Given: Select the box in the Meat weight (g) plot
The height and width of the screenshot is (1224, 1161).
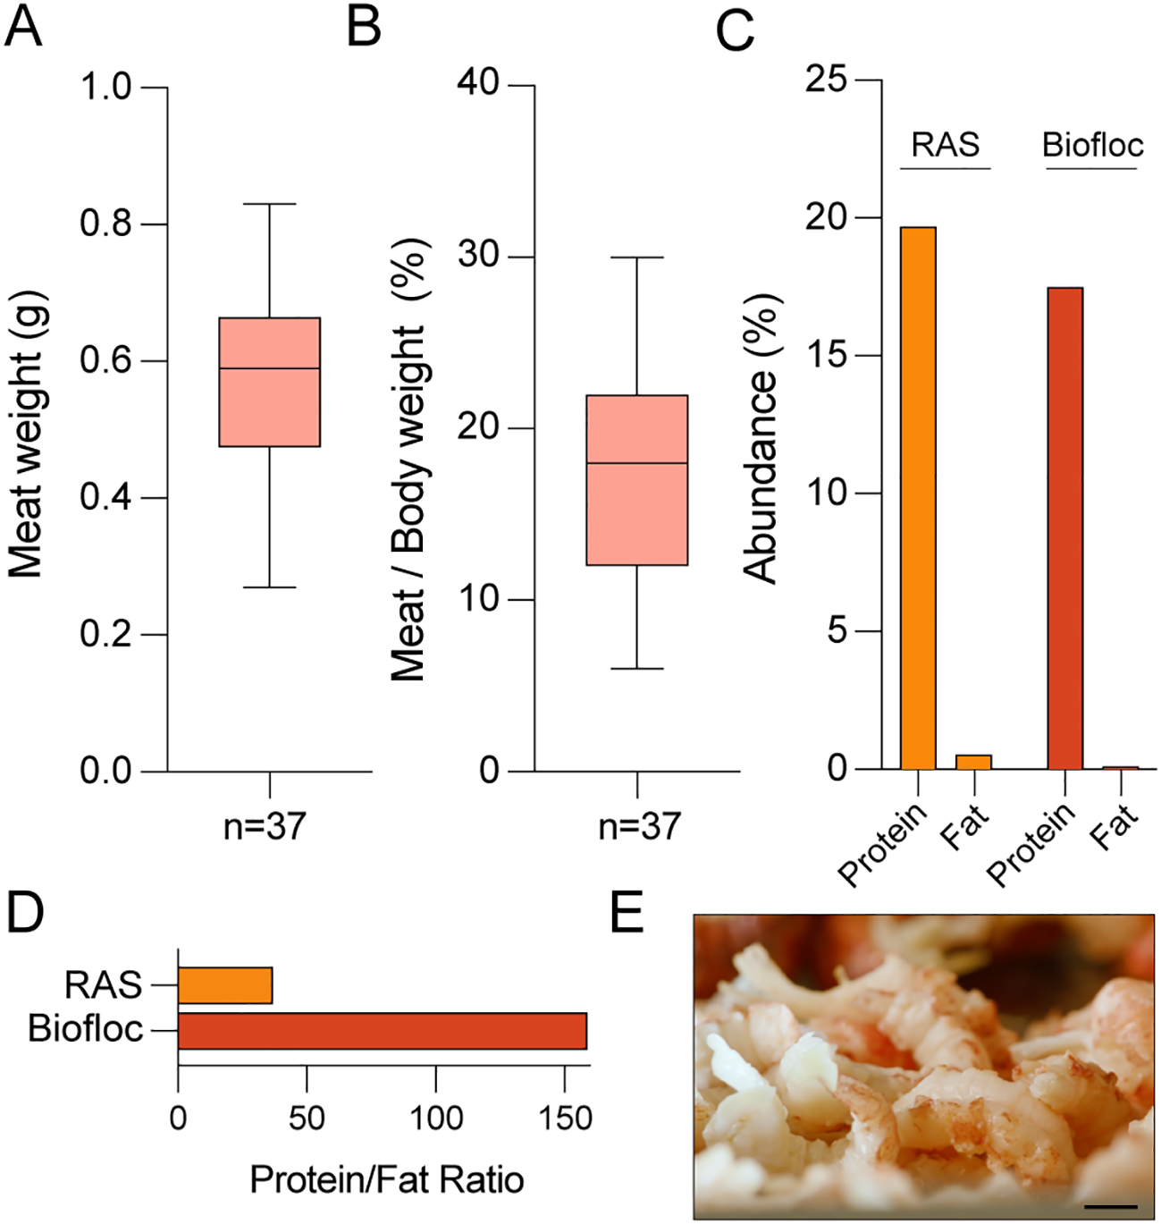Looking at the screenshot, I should coord(270,382).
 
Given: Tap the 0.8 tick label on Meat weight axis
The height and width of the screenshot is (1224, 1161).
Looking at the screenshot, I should coord(105,224).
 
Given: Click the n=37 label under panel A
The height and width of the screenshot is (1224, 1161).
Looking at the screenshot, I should coord(265,826).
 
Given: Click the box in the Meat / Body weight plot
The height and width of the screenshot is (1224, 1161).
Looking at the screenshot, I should coord(636,480).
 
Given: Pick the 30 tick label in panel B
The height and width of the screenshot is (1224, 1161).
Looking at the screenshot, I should coord(478,256).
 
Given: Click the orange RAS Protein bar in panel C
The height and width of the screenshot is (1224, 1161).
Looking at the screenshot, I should coord(918,498).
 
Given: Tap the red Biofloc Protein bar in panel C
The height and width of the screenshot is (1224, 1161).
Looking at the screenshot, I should coord(1064,528).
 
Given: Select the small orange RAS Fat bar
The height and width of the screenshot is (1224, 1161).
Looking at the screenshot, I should coord(973,762).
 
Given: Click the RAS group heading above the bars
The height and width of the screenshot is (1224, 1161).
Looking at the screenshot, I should coord(945,145).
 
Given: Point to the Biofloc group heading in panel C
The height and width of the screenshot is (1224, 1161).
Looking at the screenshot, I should coord(1092,145).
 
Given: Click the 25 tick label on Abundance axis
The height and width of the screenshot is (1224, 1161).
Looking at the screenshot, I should coord(825,80).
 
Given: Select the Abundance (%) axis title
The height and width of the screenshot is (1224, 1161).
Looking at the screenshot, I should coord(761,438).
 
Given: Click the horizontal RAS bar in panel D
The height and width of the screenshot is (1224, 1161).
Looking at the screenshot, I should coord(225,985).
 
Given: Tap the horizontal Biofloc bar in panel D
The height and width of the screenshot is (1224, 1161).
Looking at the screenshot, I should coord(382,1031).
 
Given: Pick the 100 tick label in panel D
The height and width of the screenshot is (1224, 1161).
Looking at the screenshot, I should coord(435,1118).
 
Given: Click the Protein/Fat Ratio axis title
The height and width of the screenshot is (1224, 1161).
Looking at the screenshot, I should coord(386,1180).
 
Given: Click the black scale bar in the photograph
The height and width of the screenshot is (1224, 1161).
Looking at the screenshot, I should coord(1111,1207).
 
